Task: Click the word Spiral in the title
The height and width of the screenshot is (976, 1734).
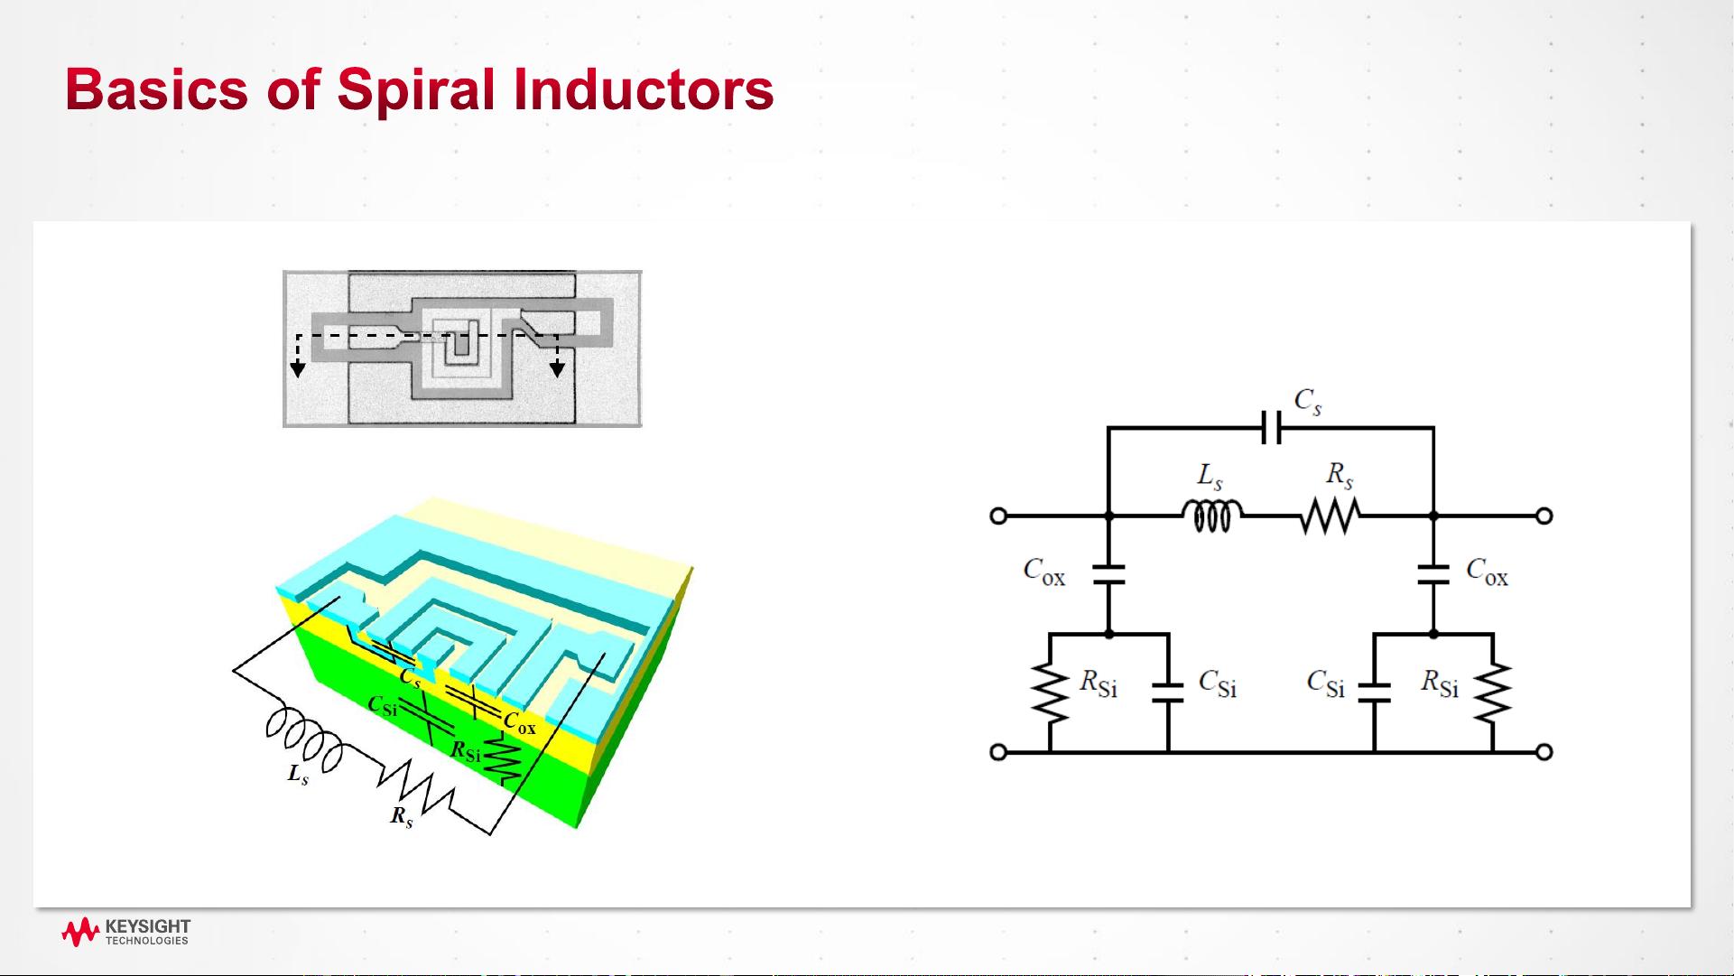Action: click(x=416, y=90)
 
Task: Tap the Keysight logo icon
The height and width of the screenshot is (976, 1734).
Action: click(x=79, y=933)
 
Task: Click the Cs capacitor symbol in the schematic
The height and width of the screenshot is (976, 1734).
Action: click(x=1271, y=428)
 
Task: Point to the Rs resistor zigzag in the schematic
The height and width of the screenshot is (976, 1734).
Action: click(x=1331, y=516)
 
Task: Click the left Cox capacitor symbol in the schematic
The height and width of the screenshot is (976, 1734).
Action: click(x=1109, y=575)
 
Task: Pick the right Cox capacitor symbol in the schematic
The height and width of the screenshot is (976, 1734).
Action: click(x=1433, y=575)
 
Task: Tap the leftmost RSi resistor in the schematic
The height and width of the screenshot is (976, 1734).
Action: click(x=1050, y=693)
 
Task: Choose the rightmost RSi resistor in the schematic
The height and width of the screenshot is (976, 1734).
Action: click(x=1493, y=693)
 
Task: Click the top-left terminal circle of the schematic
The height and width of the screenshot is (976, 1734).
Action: click(x=998, y=516)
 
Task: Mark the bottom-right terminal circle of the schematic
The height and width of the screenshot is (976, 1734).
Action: click(x=1544, y=752)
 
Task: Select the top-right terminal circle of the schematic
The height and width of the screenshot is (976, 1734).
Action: click(x=1544, y=516)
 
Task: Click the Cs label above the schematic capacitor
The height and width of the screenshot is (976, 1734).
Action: click(x=1308, y=401)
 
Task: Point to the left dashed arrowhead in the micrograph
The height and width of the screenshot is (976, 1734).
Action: click(x=298, y=369)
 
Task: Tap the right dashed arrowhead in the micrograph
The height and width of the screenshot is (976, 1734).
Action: click(x=558, y=368)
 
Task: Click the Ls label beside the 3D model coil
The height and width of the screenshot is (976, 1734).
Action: click(x=298, y=775)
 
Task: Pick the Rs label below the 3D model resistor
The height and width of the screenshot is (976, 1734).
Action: click(x=402, y=817)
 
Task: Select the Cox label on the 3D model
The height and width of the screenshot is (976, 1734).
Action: click(x=520, y=724)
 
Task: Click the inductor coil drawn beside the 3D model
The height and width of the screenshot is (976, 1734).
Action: click(x=304, y=739)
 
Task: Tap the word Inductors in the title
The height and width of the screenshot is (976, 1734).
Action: click(x=644, y=89)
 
